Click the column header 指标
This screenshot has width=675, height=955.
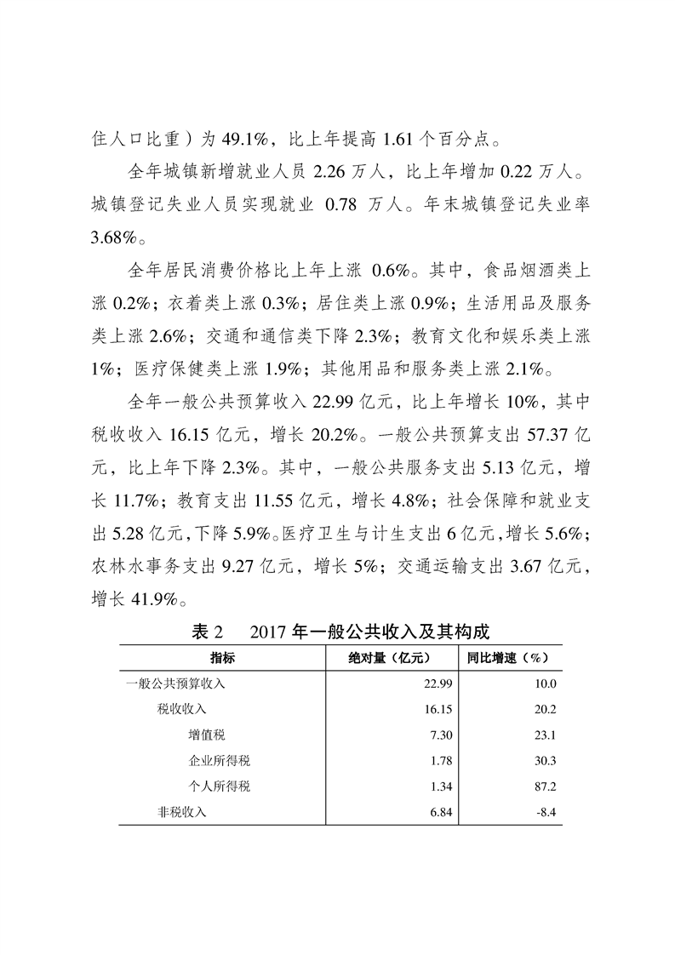point(223,658)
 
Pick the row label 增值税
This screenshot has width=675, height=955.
point(207,735)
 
